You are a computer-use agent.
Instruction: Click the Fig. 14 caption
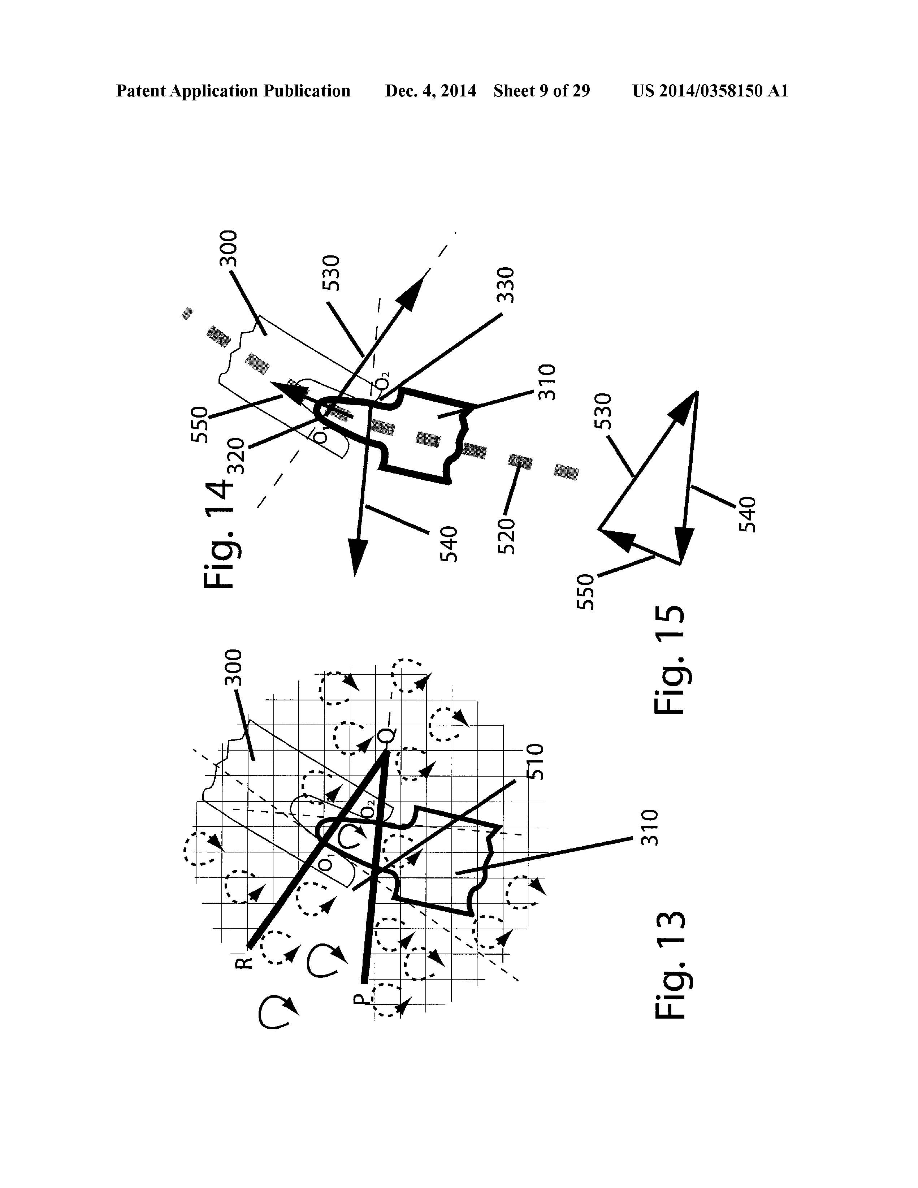[x=218, y=535]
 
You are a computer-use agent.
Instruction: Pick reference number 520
[x=506, y=536]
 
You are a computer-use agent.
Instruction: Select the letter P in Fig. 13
[x=359, y=998]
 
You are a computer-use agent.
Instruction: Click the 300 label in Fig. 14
[x=228, y=248]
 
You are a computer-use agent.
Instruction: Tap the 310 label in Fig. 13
[x=650, y=828]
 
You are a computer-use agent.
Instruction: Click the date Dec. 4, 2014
[x=430, y=91]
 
